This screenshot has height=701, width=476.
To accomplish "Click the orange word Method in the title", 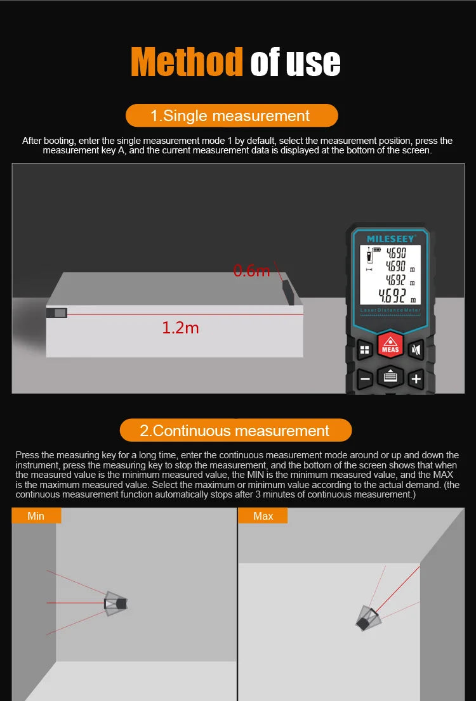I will coord(187,61).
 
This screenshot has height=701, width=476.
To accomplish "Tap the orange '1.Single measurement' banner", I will coord(231,115).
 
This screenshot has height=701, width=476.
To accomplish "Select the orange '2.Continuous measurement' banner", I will coord(235,430).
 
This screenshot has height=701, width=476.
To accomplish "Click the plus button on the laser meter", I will coord(416,379).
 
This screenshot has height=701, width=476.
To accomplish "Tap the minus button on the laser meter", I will coord(365,380).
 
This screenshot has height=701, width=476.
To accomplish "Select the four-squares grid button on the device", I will coord(365,349).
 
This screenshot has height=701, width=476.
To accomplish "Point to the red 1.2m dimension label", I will coord(180,328).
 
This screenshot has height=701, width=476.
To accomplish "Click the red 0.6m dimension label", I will coord(251,271).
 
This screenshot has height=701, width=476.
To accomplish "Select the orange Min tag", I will coord(36,516).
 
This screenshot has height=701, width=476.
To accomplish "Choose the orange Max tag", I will coord(263,516).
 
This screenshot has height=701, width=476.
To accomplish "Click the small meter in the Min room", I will coord(116,603).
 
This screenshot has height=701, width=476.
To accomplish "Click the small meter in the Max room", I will coord(366,619).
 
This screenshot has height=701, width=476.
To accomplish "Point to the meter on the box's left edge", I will coord(56,312).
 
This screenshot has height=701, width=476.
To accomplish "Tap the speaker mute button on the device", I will coord(416,349).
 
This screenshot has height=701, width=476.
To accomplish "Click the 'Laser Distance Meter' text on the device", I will coord(390,310).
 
